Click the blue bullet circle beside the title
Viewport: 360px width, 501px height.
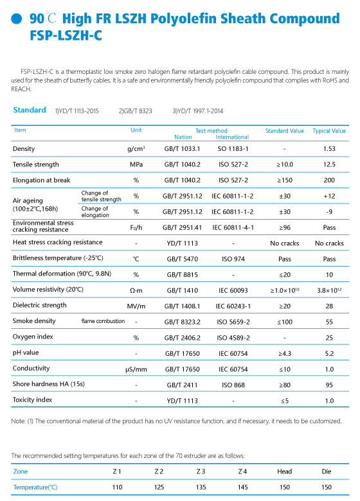(x=16, y=19)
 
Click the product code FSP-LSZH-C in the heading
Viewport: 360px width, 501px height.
(x=66, y=35)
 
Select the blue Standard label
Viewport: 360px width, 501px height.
(x=30, y=110)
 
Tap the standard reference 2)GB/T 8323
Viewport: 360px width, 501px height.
(x=135, y=111)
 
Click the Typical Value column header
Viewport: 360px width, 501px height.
(x=329, y=130)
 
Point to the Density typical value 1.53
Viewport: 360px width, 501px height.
(x=329, y=148)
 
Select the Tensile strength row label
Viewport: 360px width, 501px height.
(x=36, y=164)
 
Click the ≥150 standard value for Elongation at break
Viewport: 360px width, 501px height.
(x=285, y=180)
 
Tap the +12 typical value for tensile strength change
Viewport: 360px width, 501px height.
(x=329, y=196)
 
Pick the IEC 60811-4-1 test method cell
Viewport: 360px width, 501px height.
(x=233, y=227)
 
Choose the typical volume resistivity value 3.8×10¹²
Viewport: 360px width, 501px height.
(x=329, y=290)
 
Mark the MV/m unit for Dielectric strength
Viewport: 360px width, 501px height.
(x=136, y=306)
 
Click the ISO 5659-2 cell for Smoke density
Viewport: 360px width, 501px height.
(x=233, y=322)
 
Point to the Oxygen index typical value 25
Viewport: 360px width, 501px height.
(x=329, y=338)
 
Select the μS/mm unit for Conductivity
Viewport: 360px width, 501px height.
(x=136, y=369)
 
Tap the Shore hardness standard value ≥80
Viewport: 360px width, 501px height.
(x=285, y=385)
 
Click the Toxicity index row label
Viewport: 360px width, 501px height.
(x=32, y=400)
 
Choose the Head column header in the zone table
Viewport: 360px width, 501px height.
(x=285, y=471)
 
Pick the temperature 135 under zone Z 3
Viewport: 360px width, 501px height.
(x=201, y=487)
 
